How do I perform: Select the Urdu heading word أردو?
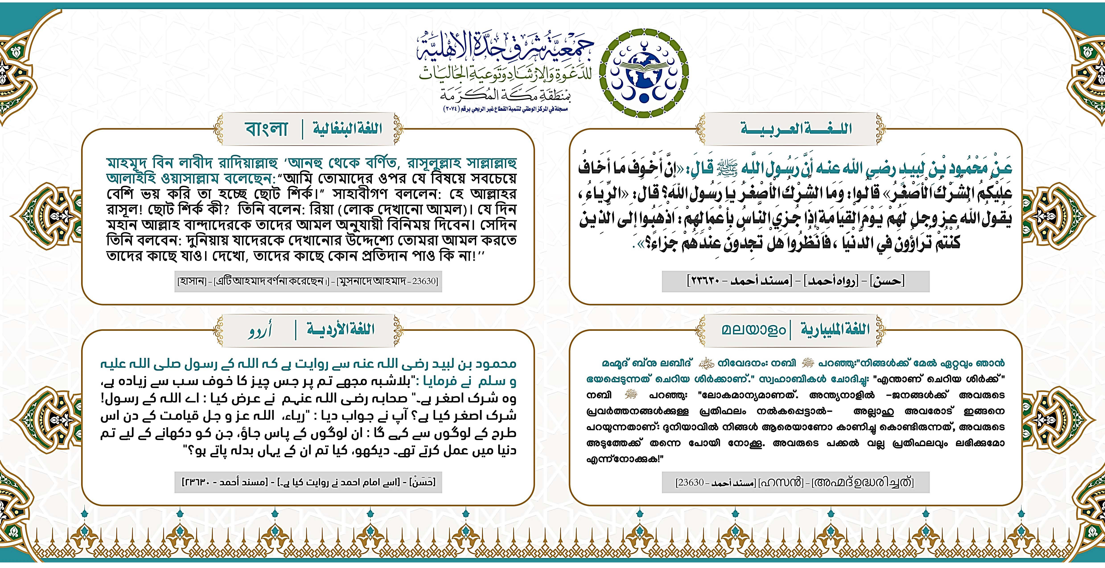pyautogui.click(x=260, y=330)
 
